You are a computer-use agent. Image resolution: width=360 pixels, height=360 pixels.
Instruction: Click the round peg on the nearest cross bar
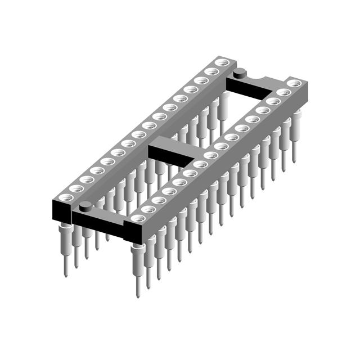(85, 205)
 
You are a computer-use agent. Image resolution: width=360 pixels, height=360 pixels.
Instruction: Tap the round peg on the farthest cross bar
(240, 71)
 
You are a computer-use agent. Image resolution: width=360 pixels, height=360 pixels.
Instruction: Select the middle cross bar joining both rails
(174, 148)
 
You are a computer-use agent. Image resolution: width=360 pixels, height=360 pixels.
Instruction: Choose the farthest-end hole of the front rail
(292, 83)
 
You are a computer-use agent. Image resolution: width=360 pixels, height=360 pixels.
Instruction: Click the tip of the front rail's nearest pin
(138, 295)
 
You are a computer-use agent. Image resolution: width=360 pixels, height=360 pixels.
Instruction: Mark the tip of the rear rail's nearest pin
(66, 276)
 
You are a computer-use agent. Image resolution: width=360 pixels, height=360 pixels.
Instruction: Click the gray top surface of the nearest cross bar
(101, 211)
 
